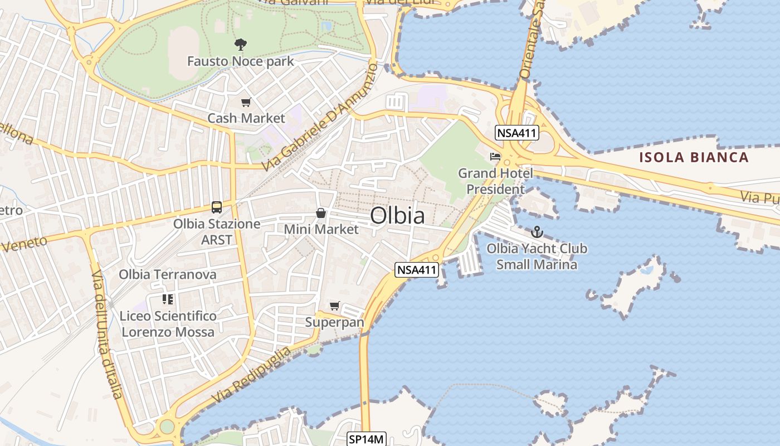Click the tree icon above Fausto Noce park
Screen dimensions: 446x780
[x=241, y=44]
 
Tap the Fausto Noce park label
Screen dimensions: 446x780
[x=240, y=61]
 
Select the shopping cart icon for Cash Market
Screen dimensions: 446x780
[x=246, y=102]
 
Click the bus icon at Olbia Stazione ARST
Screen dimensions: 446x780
[x=217, y=207]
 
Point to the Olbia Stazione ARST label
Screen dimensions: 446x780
[x=217, y=231]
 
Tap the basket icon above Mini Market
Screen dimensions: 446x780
[x=321, y=212]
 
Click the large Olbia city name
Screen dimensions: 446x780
[x=397, y=216]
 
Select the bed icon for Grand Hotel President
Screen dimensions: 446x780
[x=495, y=157]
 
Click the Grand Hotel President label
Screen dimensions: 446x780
[x=495, y=181]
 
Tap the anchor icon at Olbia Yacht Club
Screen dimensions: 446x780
[x=537, y=231]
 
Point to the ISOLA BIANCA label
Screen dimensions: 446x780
[x=694, y=157]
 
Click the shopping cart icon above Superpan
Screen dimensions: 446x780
[x=334, y=306]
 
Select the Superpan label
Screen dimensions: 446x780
[x=334, y=322]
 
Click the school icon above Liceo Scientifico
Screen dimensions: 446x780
[x=168, y=299]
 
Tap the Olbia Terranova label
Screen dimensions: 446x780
[x=168, y=274]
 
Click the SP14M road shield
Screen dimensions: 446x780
[x=366, y=439]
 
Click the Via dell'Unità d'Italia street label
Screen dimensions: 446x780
[x=106, y=334]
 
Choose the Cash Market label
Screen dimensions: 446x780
[x=246, y=118]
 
